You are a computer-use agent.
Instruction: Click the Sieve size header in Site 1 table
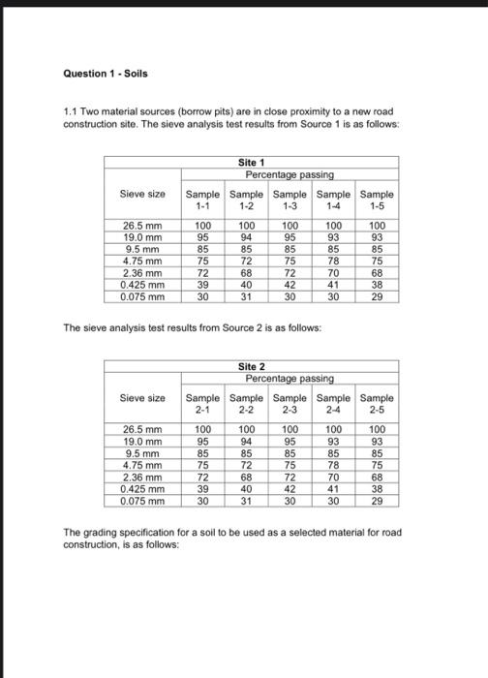(141, 194)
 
